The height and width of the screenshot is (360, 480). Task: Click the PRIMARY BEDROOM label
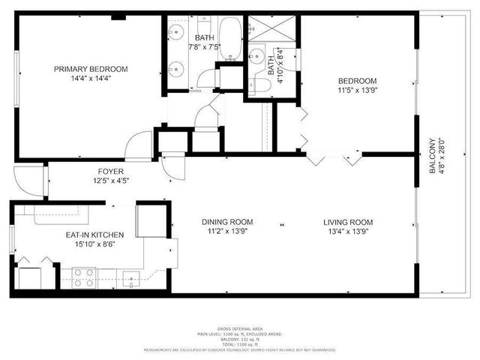click(91, 69)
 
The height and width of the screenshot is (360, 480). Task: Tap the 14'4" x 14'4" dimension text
click(91, 79)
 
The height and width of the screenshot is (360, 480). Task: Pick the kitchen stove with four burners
click(82, 278)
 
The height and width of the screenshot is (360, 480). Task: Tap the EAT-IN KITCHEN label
click(94, 235)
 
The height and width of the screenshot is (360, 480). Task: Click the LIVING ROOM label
click(348, 222)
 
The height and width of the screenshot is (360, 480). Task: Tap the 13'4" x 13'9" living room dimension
click(348, 232)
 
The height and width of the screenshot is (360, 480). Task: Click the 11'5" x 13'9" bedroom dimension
click(357, 91)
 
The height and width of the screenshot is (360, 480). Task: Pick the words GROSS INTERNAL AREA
click(240, 329)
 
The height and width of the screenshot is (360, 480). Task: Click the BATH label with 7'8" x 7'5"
click(204, 37)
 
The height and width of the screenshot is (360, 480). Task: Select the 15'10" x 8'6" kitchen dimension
click(94, 244)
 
